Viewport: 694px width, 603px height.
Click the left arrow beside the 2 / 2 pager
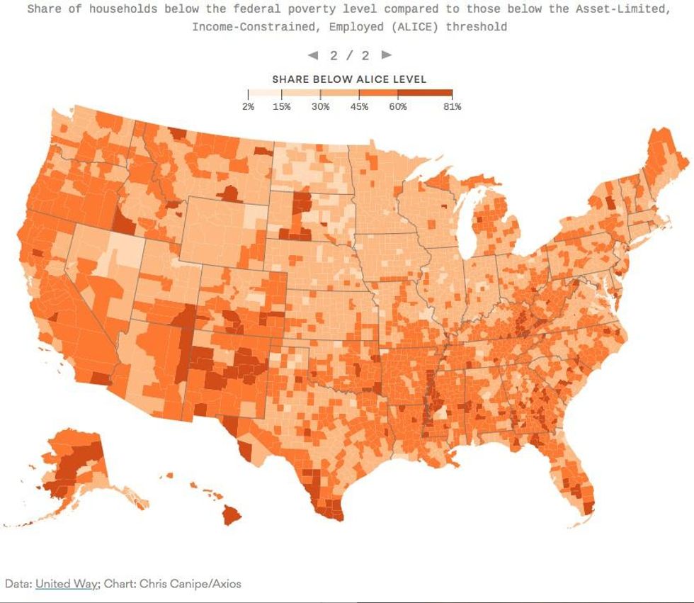coord(312,55)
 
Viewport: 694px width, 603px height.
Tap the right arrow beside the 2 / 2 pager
coord(386,55)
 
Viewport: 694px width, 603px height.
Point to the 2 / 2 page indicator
coord(349,55)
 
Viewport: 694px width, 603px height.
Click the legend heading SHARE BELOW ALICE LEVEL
coord(349,79)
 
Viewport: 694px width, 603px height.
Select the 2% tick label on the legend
coord(248,107)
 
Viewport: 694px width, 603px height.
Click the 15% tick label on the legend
coord(282,107)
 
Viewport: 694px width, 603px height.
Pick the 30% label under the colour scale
coord(321,107)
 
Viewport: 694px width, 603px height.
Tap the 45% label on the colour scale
coord(359,107)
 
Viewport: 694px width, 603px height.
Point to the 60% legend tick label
coord(397,107)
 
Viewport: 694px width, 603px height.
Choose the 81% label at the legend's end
coord(452,107)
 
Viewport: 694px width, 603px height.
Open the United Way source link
coord(65,584)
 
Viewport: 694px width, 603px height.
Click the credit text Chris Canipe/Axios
coord(190,584)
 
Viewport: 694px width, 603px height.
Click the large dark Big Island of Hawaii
coord(232,514)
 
